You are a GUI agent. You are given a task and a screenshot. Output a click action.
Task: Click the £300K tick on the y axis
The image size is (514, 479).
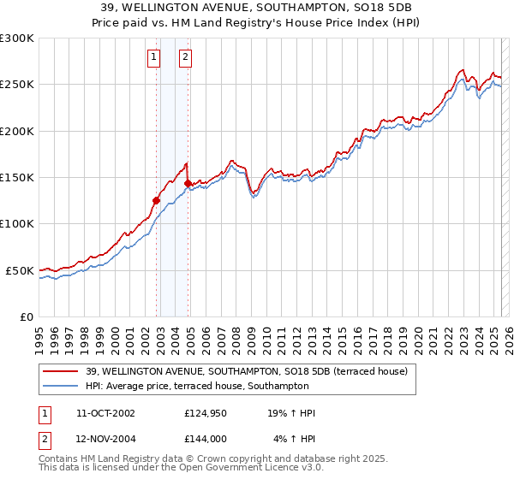click(x=17, y=38)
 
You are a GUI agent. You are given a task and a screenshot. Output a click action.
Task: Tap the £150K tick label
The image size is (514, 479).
click(x=17, y=178)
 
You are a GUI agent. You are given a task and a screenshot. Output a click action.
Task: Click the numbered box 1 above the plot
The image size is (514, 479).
click(x=153, y=58)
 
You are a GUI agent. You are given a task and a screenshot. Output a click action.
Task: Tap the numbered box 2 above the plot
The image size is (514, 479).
click(x=184, y=58)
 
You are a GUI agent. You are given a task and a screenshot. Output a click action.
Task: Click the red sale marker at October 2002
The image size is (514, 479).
click(x=157, y=201)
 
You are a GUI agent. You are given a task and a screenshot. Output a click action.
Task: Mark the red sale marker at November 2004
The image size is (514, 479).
click(x=188, y=183)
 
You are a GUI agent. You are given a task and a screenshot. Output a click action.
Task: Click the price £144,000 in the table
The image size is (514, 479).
click(x=205, y=439)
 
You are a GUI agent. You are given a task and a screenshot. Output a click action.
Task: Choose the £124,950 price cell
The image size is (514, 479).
click(x=205, y=413)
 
